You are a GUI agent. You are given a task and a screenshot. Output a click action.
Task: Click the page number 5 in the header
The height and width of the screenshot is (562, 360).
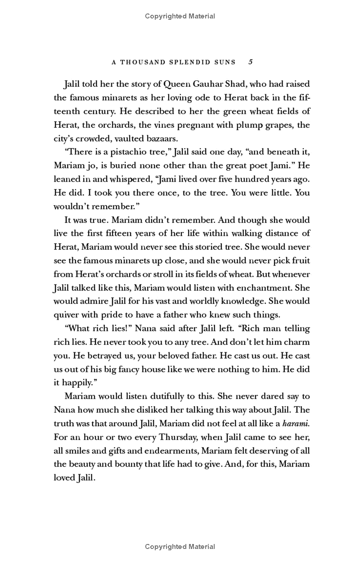point(251,62)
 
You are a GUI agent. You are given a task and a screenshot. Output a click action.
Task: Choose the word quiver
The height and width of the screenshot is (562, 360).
point(67,315)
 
